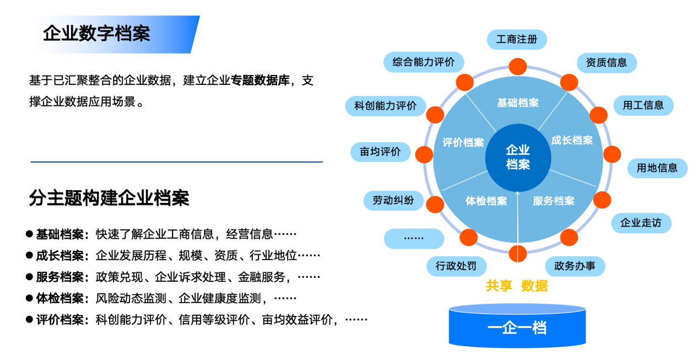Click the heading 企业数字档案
96,34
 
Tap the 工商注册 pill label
517,40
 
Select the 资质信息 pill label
606,62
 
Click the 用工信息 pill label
643,105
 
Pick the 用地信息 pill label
657,168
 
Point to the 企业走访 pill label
641,223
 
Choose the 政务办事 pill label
575,266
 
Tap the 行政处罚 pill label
456,266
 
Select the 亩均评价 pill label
380,152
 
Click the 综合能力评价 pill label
423,62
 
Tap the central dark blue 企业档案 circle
518,157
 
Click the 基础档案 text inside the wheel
517,103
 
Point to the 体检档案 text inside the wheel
486,201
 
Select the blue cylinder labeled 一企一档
517,327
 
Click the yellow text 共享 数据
517,286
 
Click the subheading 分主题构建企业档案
109,198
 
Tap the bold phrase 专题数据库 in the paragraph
260,80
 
